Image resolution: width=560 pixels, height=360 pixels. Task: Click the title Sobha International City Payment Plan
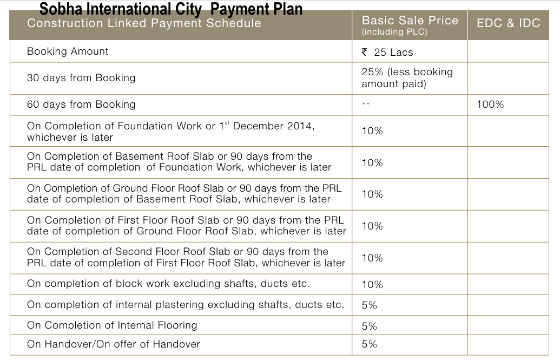[x=171, y=9]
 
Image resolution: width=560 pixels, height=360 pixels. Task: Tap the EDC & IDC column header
[x=508, y=23]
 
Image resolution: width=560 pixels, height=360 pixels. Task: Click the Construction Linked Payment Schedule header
[x=144, y=23]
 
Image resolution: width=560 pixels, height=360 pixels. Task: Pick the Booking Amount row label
[x=68, y=51]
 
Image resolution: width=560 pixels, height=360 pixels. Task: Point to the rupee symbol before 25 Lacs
[x=365, y=52]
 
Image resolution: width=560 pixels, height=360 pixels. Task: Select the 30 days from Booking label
[x=81, y=78]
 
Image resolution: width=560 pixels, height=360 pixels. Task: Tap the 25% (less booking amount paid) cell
[x=407, y=78]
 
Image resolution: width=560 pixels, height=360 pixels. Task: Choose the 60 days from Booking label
[x=81, y=104]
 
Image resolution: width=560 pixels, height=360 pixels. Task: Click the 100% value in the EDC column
[x=490, y=104]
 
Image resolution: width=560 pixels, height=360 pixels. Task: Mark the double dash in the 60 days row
[x=366, y=104]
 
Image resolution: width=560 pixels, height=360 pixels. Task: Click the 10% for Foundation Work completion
[x=372, y=131]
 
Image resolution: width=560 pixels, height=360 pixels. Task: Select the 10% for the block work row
[x=372, y=285]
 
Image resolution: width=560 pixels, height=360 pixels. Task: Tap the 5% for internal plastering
[x=369, y=305]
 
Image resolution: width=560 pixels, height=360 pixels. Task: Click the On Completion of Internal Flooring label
[x=112, y=325]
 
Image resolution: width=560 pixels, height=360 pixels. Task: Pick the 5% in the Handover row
[x=369, y=344]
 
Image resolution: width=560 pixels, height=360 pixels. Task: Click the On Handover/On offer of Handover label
[x=114, y=344]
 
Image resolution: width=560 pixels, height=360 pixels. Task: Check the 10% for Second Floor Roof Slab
[x=372, y=258]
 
